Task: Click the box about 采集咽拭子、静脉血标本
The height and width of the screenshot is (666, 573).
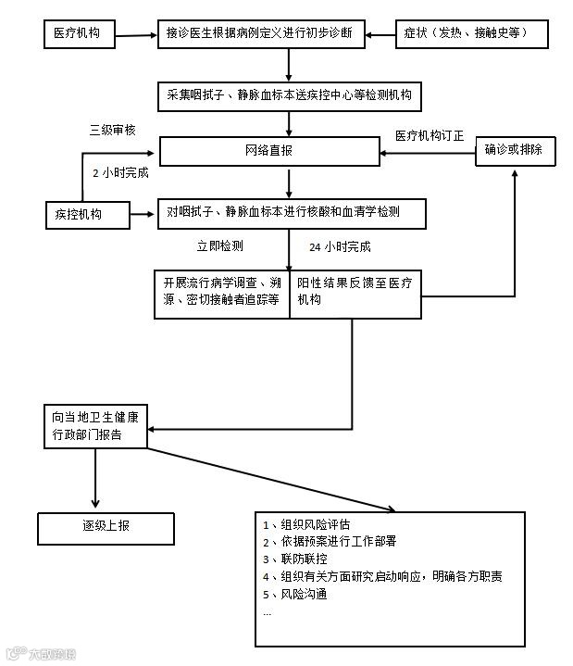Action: (x=290, y=94)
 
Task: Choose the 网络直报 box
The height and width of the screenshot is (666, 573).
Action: (x=269, y=151)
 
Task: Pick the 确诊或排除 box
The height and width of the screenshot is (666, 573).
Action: (x=515, y=151)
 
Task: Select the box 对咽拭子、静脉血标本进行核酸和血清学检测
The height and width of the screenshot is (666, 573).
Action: (x=291, y=213)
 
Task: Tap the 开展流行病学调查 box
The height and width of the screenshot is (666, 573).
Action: (x=222, y=294)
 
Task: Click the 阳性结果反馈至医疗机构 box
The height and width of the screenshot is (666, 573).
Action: (x=356, y=294)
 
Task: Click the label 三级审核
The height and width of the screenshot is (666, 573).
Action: (x=112, y=131)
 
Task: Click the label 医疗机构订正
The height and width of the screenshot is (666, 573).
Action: (x=430, y=135)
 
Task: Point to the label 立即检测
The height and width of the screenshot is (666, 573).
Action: (x=219, y=247)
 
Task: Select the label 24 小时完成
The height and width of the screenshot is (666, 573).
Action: (x=340, y=247)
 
